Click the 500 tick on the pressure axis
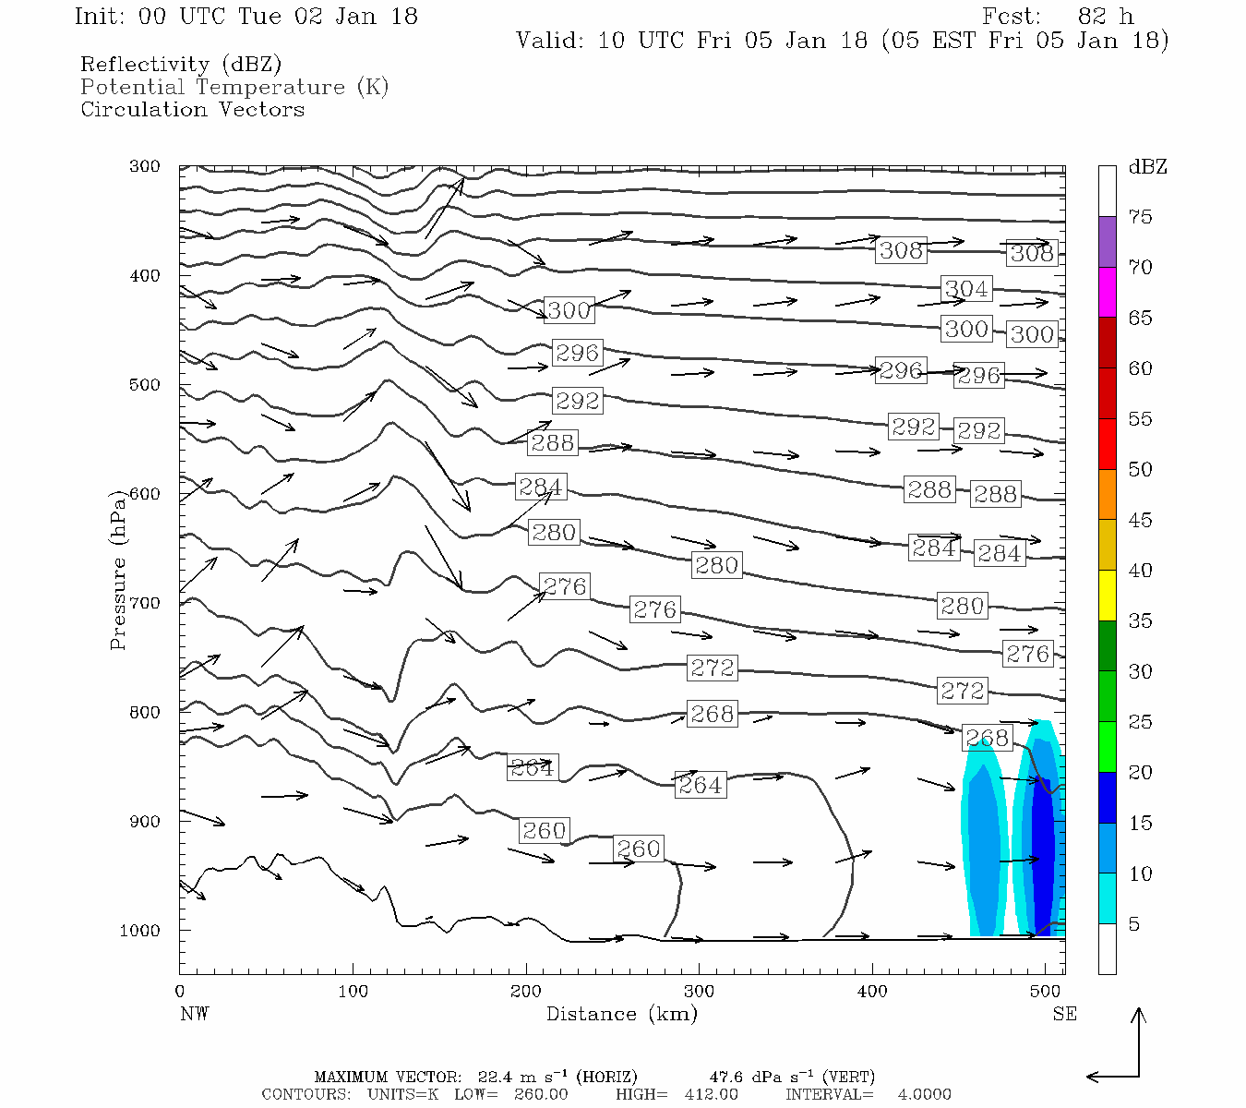pyautogui.click(x=144, y=385)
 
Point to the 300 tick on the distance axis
pyautogui.click(x=699, y=992)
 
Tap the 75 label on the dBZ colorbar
pyautogui.click(x=1141, y=217)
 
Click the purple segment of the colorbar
pyautogui.click(x=1107, y=242)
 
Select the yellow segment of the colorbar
pyautogui.click(x=1107, y=596)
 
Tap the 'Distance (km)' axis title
pyautogui.click(x=622, y=1014)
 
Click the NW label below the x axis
pyautogui.click(x=194, y=1014)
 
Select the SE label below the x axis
pyautogui.click(x=1064, y=1014)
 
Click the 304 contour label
pyautogui.click(x=966, y=289)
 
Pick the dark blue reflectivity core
pyautogui.click(x=1043, y=849)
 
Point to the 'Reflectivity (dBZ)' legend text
pyautogui.click(x=181, y=65)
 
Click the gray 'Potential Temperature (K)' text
pyautogui.click(x=234, y=87)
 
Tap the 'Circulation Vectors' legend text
pyautogui.click(x=192, y=109)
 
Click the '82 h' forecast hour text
pyautogui.click(x=1106, y=17)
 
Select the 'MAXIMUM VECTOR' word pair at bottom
pyautogui.click(x=388, y=1077)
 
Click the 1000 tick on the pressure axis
pyautogui.click(x=140, y=931)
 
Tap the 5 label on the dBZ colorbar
pyautogui.click(x=1134, y=924)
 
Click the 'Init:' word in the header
pyautogui.click(x=100, y=17)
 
